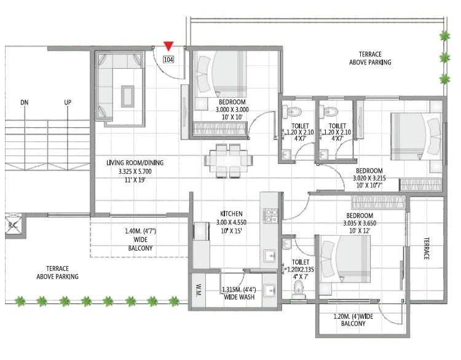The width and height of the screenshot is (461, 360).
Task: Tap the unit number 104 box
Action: coord(168,60)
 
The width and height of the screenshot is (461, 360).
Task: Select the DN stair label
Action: coord(24,103)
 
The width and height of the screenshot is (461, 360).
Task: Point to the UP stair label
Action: coord(68,103)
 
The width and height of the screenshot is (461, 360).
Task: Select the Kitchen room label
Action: coord(231,214)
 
